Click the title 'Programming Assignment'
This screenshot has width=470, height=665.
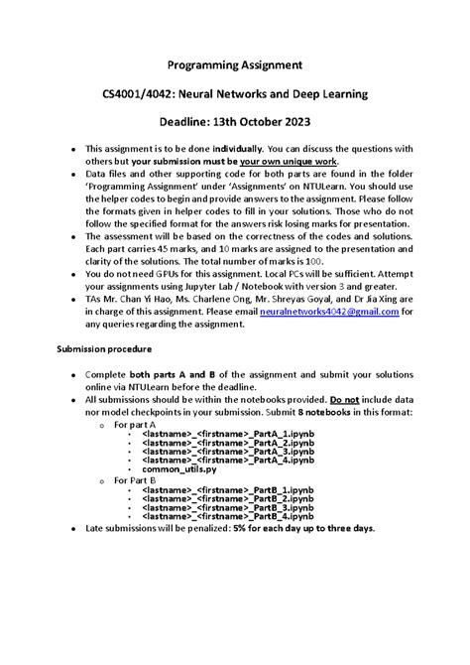(235, 66)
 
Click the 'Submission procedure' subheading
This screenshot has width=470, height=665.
(103, 349)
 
